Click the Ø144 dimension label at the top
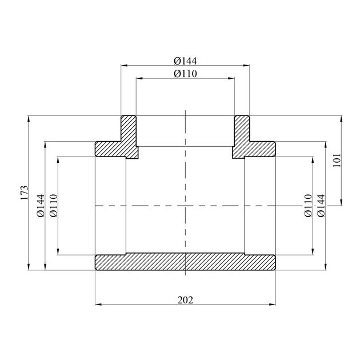(185, 61)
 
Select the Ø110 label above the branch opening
(185, 74)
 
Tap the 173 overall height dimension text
(25, 193)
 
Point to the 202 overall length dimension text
(185, 300)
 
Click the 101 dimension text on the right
(337, 160)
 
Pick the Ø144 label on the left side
(41, 206)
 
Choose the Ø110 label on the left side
(54, 206)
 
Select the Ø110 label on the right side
(309, 206)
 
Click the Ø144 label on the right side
(321, 206)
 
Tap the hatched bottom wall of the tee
(185, 262)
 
